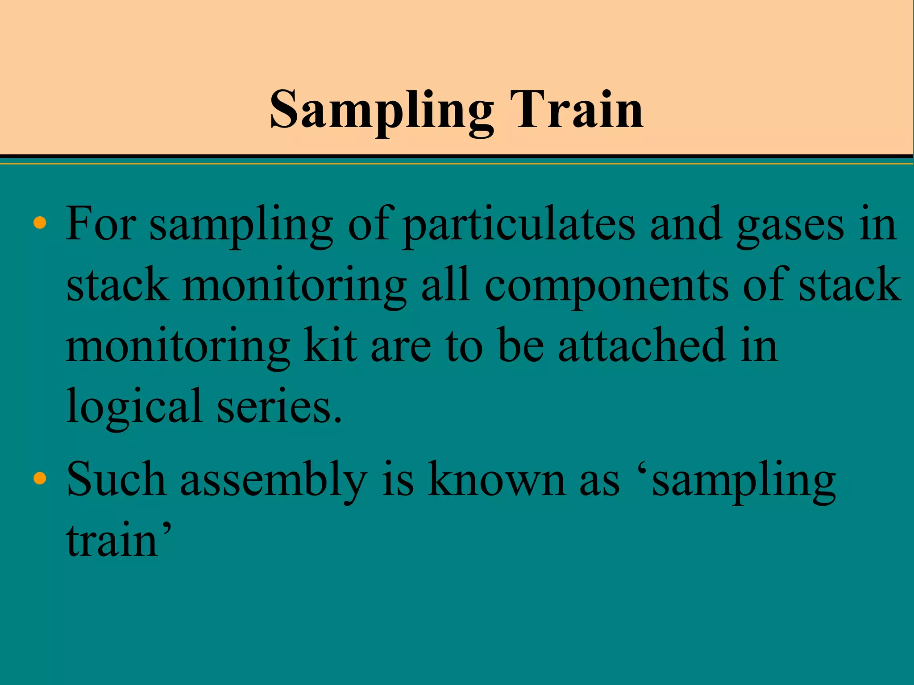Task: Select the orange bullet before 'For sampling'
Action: pyautogui.click(x=40, y=223)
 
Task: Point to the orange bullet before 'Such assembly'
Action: pyautogui.click(x=40, y=478)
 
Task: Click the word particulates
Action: pyautogui.click(x=518, y=225)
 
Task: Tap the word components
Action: pyautogui.click(x=607, y=286)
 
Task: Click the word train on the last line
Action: pyautogui.click(x=117, y=541)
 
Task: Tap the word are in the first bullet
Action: pyautogui.click(x=401, y=347)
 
